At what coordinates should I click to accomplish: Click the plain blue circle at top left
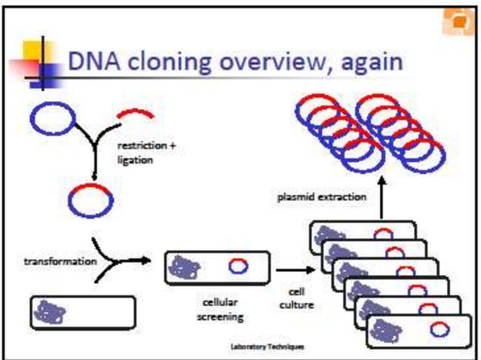tap(52, 119)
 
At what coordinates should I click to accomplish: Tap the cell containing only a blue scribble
tap(83, 311)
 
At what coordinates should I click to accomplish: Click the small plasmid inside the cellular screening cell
tap(238, 265)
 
